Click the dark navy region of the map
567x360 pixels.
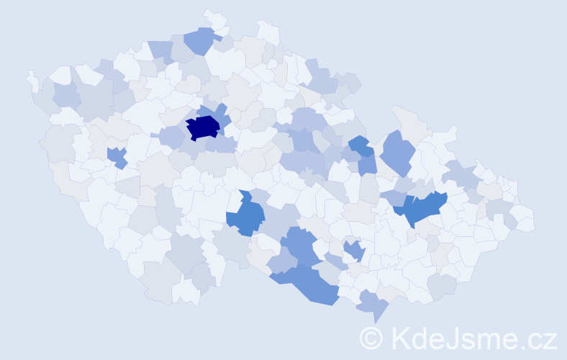pos(204,127)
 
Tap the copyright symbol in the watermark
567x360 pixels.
pos(372,337)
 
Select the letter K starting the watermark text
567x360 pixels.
pos(402,337)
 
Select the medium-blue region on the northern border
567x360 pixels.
pos(201,40)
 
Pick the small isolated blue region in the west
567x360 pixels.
pos(116,156)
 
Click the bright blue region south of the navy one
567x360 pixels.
pos(248,215)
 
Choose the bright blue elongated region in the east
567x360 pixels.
pos(421,208)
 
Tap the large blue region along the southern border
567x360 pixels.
pos(309,284)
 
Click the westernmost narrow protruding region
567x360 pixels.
pos(32,80)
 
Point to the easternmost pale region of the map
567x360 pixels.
pos(523,220)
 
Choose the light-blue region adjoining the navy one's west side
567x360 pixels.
pos(172,135)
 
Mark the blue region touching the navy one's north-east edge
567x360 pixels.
pos(220,113)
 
